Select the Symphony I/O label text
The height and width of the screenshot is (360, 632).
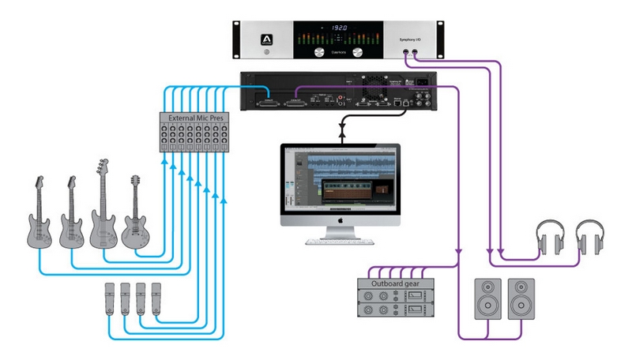tap(415, 37)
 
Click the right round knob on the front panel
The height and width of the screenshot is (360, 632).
tap(357, 51)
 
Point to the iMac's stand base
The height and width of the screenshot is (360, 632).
tap(340, 239)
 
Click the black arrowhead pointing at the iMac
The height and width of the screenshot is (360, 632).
tap(340, 136)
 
